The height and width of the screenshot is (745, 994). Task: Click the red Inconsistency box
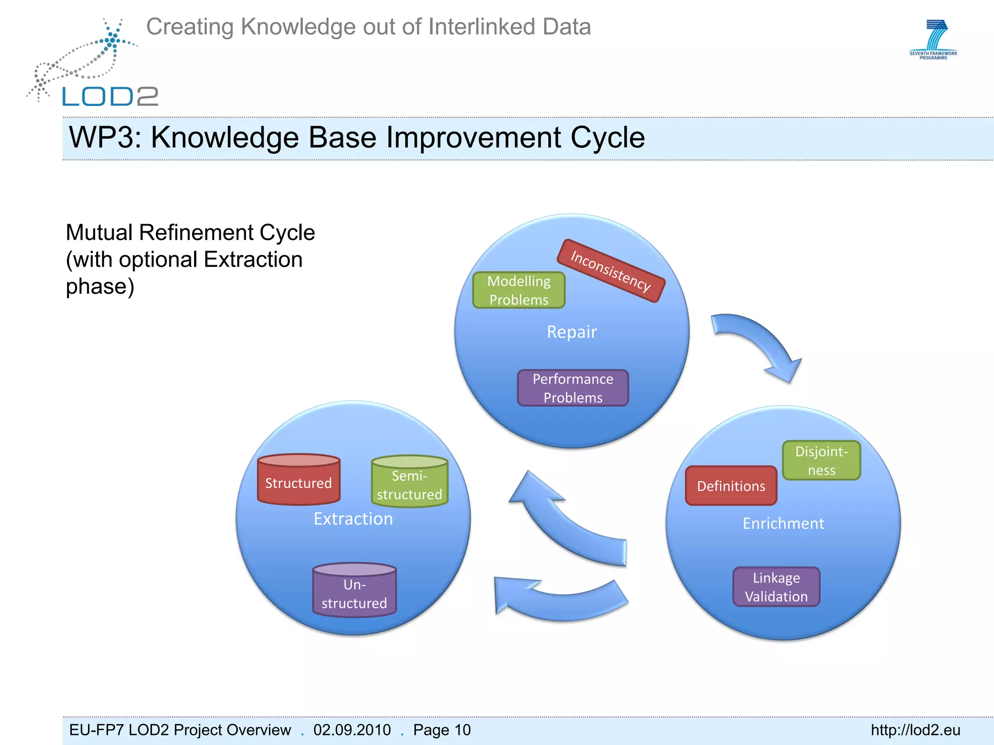tap(611, 271)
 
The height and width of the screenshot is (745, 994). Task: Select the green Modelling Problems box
tap(519, 290)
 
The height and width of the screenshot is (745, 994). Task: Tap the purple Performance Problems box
tap(573, 388)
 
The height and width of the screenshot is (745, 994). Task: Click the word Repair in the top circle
tap(572, 332)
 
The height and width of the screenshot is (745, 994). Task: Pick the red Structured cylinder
tap(298, 480)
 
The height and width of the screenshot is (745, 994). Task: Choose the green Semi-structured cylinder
tap(410, 483)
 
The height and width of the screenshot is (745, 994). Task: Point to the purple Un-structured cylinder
tap(354, 591)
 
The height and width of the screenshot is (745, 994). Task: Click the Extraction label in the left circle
tap(353, 519)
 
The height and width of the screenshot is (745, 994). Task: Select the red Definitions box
tap(731, 486)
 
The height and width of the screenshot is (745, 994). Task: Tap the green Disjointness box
tap(821, 461)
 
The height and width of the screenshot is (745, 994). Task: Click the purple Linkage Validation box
tap(776, 587)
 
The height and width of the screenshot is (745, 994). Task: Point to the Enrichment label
tap(783, 524)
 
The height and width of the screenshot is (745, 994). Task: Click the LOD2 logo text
tap(110, 97)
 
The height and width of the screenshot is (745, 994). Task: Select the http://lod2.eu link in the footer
tap(915, 730)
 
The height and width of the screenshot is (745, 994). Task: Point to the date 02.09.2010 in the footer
tap(352, 730)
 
